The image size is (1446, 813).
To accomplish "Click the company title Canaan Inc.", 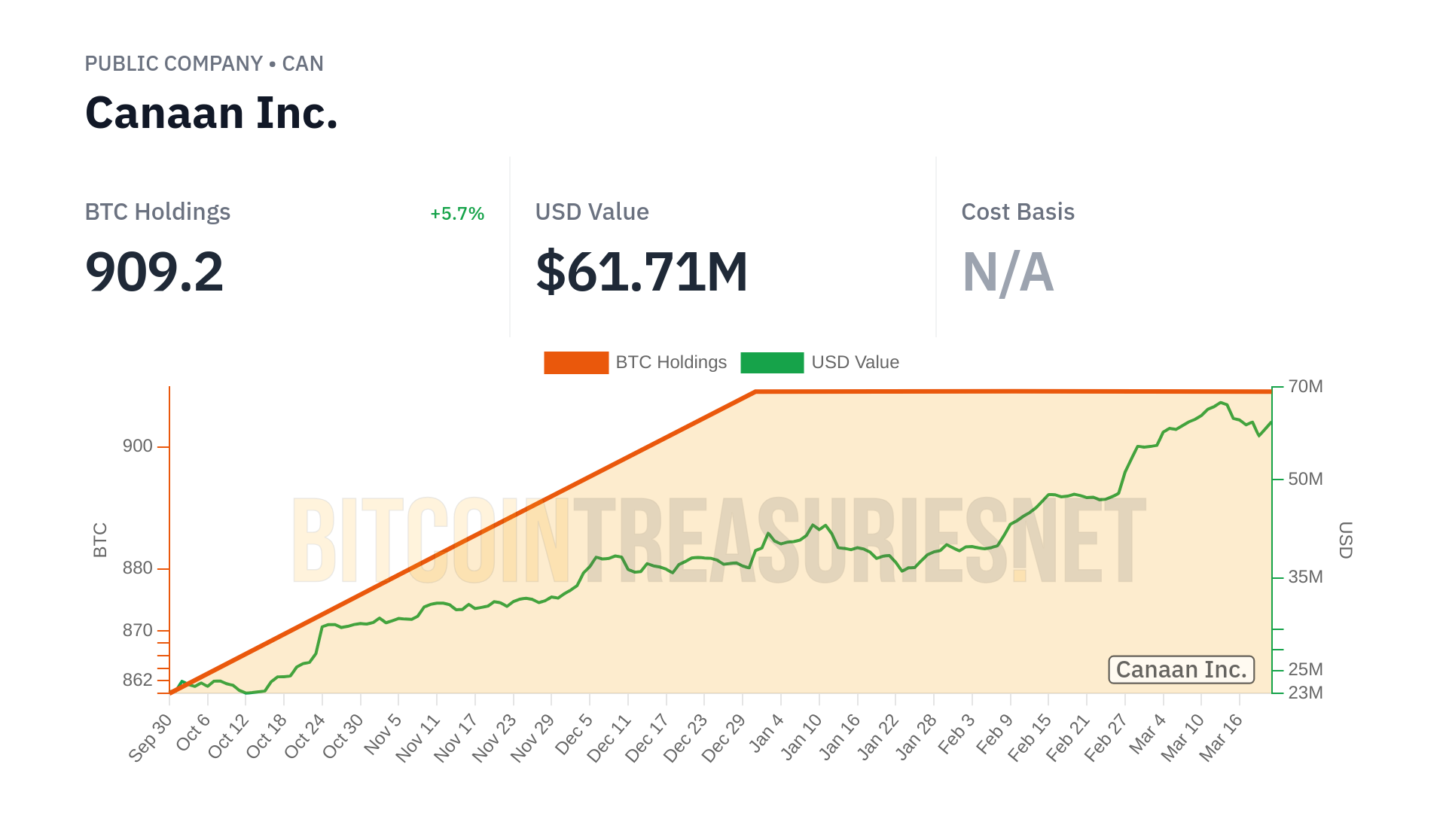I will click(x=212, y=114).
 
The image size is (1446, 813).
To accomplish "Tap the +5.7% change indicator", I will click(x=456, y=214).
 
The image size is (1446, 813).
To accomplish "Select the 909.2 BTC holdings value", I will click(x=154, y=272).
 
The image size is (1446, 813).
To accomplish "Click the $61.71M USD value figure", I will click(x=642, y=272).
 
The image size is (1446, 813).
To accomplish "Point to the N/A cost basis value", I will click(x=1008, y=272).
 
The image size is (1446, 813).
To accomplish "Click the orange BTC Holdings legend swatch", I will click(x=576, y=363).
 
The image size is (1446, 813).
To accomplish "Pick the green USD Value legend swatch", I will click(x=772, y=363).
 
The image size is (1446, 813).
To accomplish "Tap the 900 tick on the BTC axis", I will click(x=138, y=446).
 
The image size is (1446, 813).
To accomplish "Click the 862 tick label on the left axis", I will click(x=138, y=681).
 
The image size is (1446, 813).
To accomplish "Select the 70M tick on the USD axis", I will click(x=1305, y=387).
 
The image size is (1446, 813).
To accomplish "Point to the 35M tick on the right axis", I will click(x=1305, y=577).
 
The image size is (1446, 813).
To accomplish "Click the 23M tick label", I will click(x=1305, y=693).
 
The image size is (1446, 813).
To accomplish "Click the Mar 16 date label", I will click(x=1221, y=738).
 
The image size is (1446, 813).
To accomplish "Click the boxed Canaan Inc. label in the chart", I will click(x=1181, y=670).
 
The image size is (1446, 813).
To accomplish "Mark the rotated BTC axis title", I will click(x=100, y=540).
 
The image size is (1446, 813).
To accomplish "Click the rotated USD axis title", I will click(x=1346, y=540).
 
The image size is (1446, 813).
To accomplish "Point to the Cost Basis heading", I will click(x=1017, y=212).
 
